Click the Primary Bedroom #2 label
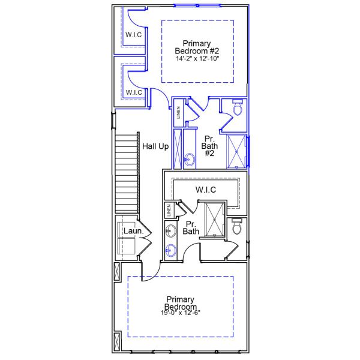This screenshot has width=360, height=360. point(197,47)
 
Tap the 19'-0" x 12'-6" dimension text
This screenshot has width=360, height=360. point(181,313)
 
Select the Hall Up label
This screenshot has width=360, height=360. point(155,146)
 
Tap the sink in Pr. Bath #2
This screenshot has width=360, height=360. point(190,160)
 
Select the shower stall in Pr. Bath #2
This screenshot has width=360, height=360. point(237,151)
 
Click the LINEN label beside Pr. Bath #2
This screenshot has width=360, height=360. point(178,113)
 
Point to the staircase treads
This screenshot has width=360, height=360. point(127,174)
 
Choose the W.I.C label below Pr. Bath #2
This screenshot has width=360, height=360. point(206,190)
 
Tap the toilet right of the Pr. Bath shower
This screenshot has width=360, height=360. point(237,227)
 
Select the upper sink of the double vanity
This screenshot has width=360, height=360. point(170,230)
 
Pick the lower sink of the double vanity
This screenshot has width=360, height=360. point(170,250)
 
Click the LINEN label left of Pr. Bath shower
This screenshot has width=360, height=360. point(169,210)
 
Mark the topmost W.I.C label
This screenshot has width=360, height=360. point(133,34)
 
